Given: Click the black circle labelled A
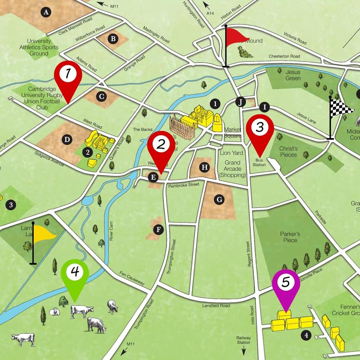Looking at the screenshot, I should coord(45,13).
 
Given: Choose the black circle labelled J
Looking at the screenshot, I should coord(240,102).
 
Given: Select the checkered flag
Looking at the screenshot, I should coord(340,107).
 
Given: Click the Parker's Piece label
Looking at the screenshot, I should coord(290,237).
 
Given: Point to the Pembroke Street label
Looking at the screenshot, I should coord(184,185).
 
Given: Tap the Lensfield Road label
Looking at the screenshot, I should coord(216,306).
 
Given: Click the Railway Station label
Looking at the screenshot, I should coord(243,340).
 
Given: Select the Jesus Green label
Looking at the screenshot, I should coord(292,75).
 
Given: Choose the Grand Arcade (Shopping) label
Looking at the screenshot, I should coord(232,168).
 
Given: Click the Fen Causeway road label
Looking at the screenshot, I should coord(132,279).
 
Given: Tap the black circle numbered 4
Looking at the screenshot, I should coord(307,336).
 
